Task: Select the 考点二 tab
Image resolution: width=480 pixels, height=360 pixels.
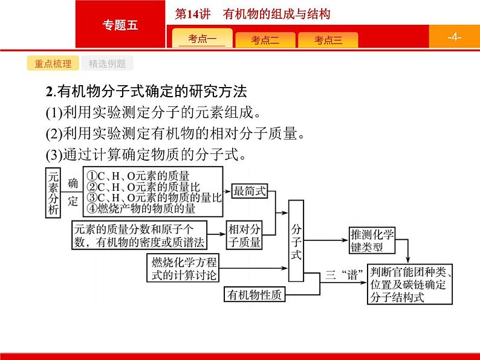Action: click(x=265, y=40)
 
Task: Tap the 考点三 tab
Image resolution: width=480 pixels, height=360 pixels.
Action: click(x=328, y=40)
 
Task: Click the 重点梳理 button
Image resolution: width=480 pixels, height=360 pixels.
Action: click(x=53, y=64)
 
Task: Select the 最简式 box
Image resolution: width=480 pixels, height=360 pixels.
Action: click(x=250, y=191)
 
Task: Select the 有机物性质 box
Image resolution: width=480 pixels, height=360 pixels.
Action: click(x=255, y=295)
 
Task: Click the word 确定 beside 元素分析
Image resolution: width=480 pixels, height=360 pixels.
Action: click(x=73, y=192)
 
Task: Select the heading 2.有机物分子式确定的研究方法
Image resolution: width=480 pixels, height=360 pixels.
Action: click(x=146, y=93)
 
